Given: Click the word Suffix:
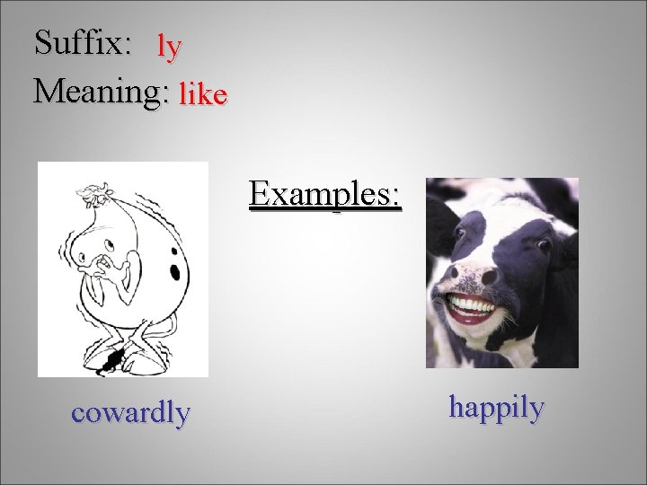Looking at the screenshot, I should [83, 42].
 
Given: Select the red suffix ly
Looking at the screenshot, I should [169, 46].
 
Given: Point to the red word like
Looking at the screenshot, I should [202, 93].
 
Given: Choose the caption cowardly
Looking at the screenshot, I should [130, 412].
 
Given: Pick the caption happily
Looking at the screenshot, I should [496, 408].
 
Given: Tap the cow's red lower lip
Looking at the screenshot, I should [470, 317].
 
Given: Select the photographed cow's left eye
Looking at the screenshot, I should [459, 231].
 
